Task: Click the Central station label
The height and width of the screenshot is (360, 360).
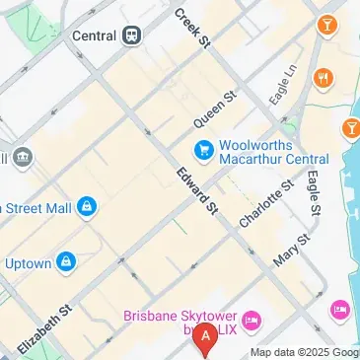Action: (96, 35)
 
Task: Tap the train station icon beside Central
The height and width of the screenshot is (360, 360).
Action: (132, 35)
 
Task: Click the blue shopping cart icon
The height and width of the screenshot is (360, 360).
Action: (202, 150)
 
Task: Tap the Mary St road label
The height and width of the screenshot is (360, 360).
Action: (292, 251)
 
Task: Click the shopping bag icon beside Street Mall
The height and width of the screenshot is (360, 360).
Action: (88, 206)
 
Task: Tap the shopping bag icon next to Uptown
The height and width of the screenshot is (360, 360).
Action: (66, 262)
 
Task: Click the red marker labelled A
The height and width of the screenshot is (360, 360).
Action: (205, 337)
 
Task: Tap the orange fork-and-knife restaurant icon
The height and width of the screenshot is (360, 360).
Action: (322, 78)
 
